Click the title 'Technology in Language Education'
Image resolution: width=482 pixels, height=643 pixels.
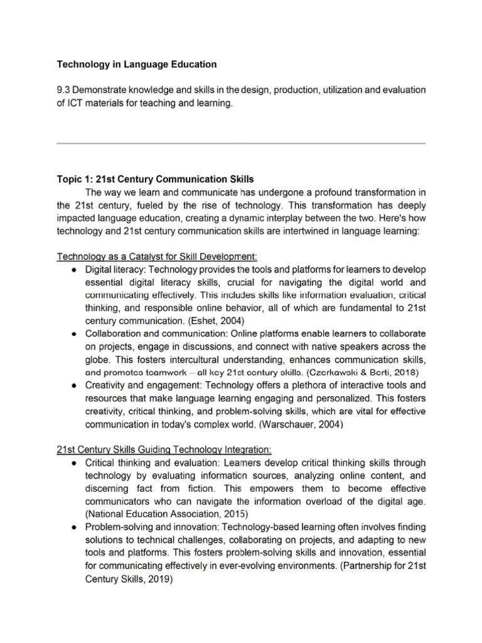tap(137, 64)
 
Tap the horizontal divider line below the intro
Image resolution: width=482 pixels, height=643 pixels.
tap(241, 143)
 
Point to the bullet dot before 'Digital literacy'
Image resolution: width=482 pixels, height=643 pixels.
tap(74, 269)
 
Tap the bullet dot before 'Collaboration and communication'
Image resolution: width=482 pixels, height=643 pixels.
tap(74, 333)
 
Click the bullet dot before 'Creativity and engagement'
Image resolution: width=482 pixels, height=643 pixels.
tap(74, 385)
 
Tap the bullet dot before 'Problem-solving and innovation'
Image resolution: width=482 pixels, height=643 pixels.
tap(74, 527)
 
